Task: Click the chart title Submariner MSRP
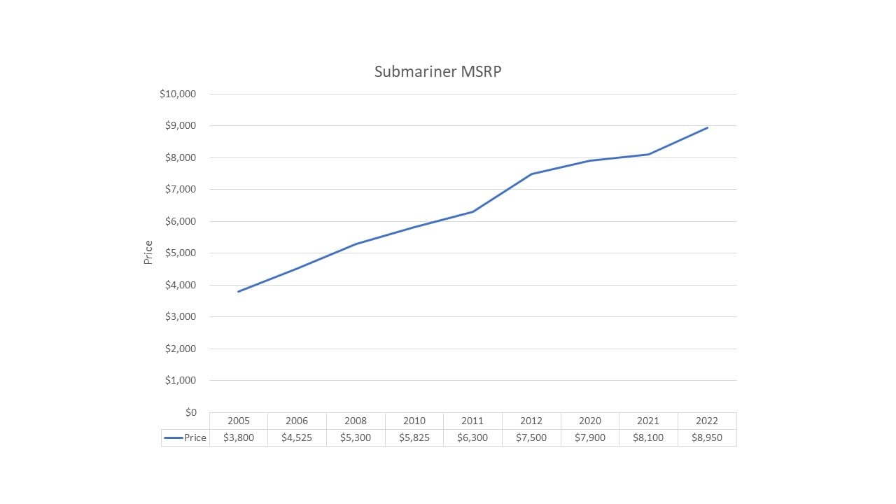437,71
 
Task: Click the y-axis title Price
148,252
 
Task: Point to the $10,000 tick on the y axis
178,94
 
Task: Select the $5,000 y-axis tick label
181,253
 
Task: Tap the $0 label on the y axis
190,412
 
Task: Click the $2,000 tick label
181,349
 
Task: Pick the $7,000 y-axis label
181,189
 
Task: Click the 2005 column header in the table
239,421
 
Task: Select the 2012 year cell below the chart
531,421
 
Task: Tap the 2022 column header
707,421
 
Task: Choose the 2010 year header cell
414,421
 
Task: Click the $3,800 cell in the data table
239,437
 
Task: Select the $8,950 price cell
707,437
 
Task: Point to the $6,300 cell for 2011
472,437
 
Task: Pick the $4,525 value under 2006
297,437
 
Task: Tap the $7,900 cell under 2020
590,437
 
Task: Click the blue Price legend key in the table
174,437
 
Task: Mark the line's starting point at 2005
239,291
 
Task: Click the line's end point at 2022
707,127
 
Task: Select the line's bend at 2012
531,174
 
